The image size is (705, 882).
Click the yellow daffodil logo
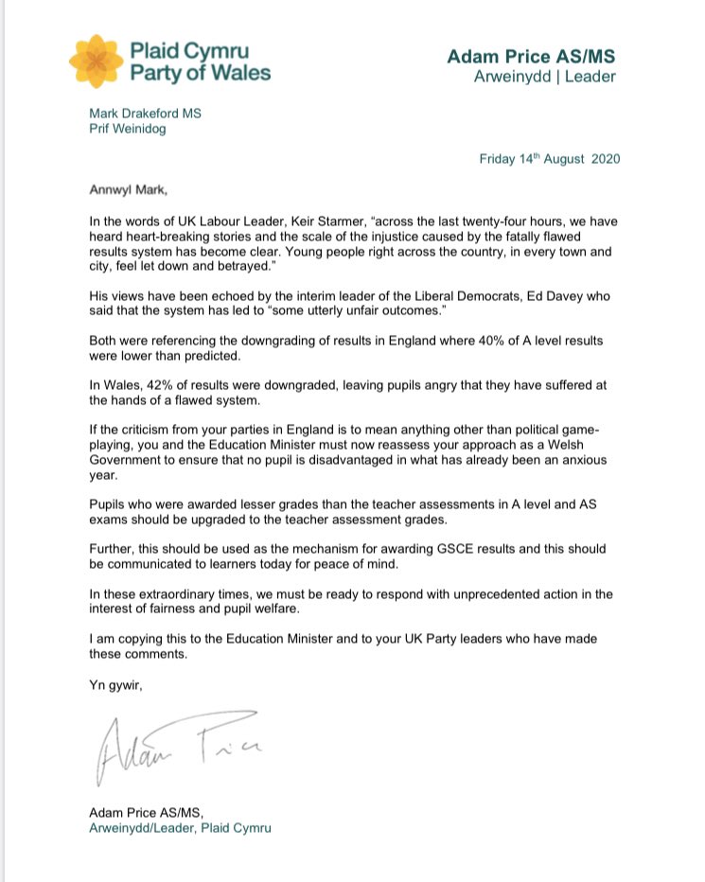tap(96, 62)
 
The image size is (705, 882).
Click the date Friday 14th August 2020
tap(549, 159)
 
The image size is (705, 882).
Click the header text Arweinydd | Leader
tap(546, 76)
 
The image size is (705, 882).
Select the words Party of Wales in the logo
tap(201, 73)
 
